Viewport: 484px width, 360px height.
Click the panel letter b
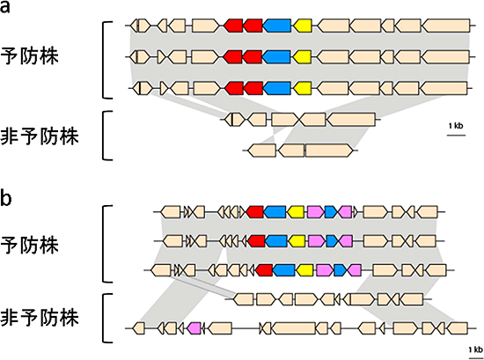point(9,199)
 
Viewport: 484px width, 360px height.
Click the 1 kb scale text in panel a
point(456,128)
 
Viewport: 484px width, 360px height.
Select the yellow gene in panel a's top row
point(304,26)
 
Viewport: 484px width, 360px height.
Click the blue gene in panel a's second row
point(278,57)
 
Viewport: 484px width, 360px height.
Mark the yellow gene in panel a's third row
point(304,88)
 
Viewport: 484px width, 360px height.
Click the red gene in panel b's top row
point(255,212)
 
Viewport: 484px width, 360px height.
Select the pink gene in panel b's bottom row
point(195,328)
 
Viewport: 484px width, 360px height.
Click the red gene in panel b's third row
point(263,269)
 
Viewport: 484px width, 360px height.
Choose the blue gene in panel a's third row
point(278,88)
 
